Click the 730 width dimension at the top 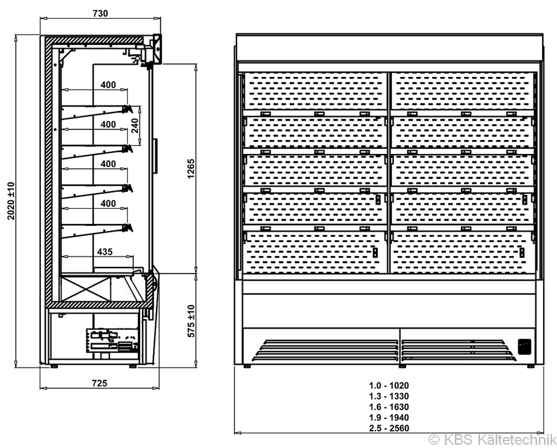click(100, 13)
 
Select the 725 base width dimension click(100, 384)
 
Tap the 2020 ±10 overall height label click(11, 201)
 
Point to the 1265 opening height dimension click(191, 169)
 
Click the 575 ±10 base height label click(191, 321)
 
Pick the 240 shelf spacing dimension click(135, 125)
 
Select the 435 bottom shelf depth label click(105, 251)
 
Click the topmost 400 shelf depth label click(108, 85)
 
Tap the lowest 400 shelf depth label click(108, 204)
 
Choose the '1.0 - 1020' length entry click(389, 385)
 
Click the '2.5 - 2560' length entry click(389, 428)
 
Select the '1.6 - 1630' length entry click(389, 407)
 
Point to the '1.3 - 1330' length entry click(389, 396)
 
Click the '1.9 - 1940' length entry click(389, 417)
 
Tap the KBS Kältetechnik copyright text click(493, 440)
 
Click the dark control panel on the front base click(524, 347)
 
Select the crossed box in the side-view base click(85, 289)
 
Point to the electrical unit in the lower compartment click(112, 340)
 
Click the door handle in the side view click(155, 156)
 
